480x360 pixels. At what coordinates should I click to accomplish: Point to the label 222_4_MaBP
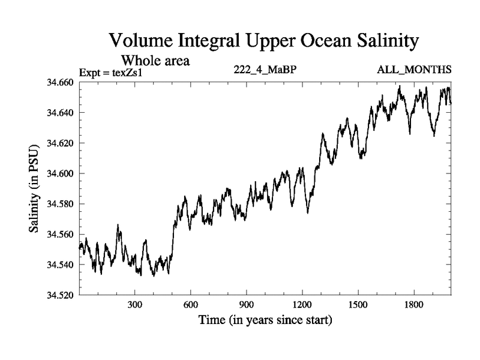[265, 70]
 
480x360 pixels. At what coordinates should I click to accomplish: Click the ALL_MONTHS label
[414, 70]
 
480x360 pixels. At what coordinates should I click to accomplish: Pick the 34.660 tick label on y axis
[61, 82]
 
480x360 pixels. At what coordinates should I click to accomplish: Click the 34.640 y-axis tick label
[61, 113]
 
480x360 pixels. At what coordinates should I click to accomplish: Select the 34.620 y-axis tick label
[61, 143]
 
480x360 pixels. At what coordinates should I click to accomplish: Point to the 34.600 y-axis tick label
[61, 174]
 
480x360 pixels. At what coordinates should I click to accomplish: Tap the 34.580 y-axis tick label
[61, 204]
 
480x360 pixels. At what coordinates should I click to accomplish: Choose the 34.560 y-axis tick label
[61, 235]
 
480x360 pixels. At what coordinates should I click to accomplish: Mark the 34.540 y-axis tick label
[61, 265]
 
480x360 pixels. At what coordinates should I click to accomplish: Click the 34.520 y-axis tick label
[61, 296]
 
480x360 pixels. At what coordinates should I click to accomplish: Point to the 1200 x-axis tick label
[302, 305]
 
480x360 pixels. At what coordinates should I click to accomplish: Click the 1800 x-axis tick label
[414, 305]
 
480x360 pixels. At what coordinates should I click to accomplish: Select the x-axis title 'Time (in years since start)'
[265, 320]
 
